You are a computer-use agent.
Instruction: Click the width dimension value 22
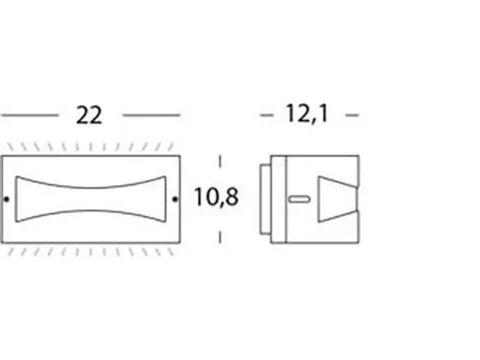coord(89,116)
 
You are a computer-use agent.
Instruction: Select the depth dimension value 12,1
coord(307,114)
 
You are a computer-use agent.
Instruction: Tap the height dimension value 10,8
coord(216,197)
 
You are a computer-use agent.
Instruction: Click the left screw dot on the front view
coord(7,199)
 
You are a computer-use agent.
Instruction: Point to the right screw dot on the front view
coord(175,199)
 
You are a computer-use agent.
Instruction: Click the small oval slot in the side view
coord(300,199)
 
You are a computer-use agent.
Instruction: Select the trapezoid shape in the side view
coord(338,199)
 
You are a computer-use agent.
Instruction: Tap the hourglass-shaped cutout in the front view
coord(91,199)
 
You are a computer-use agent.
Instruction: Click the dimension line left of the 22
coord(29,115)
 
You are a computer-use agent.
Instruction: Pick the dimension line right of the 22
coord(151,115)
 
